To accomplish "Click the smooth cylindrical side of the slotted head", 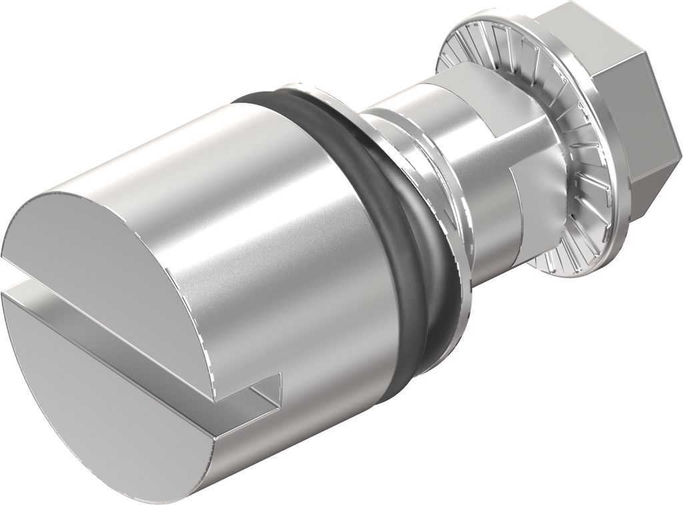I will click(x=267, y=220).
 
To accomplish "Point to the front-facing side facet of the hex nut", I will click(x=630, y=127).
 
